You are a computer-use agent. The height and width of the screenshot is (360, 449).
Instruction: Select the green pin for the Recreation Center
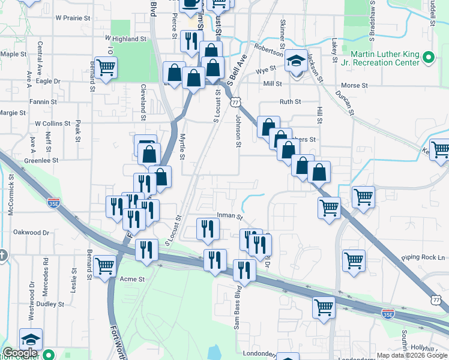click(428, 58)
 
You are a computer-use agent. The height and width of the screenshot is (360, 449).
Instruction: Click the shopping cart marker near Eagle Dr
click(106, 68)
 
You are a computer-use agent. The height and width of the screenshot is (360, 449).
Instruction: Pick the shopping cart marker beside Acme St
click(105, 265)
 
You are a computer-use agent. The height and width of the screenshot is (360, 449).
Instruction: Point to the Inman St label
click(230, 216)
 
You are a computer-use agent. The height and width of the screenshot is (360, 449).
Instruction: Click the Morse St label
click(354, 86)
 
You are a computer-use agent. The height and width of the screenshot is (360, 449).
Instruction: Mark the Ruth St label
click(290, 102)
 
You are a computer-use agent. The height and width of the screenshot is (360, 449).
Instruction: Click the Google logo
click(20, 354)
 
